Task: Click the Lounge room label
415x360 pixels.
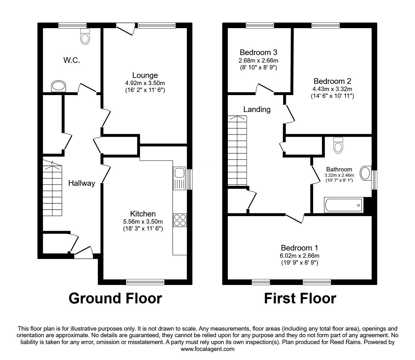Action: (x=145, y=75)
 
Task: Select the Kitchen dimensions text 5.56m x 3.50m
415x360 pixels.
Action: (x=143, y=221)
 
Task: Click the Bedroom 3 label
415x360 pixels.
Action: (x=258, y=52)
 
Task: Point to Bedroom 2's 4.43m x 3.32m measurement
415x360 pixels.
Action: (x=332, y=89)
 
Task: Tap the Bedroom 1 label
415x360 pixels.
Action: (x=299, y=248)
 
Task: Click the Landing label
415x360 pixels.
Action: (x=257, y=109)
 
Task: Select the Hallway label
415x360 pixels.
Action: (x=82, y=183)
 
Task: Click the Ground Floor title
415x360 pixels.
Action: (x=115, y=298)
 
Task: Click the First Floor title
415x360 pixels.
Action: (x=300, y=298)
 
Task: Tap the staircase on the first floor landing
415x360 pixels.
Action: (x=237, y=150)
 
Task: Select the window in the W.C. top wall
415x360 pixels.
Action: (x=72, y=26)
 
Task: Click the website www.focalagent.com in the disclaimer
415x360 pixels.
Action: (x=207, y=349)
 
